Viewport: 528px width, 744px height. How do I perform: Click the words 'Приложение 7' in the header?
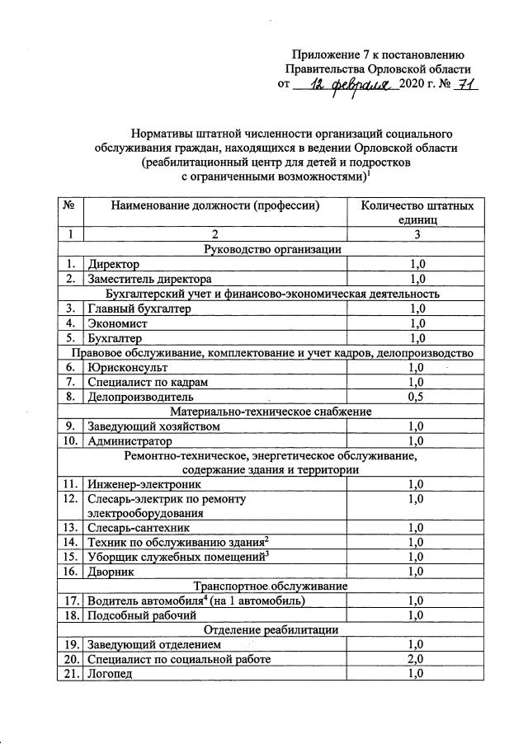pyautogui.click(x=324, y=54)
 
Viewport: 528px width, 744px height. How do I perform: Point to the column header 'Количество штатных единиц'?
pyautogui.click(x=417, y=213)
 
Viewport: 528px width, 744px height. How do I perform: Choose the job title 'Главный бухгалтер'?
pyautogui.click(x=139, y=308)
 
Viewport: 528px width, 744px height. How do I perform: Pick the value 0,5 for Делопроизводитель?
pyautogui.click(x=417, y=396)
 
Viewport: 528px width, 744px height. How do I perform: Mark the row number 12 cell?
pyautogui.click(x=69, y=499)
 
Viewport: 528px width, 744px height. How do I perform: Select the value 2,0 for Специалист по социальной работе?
pyautogui.click(x=417, y=659)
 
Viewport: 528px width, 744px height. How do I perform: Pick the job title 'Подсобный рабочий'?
pyautogui.click(x=142, y=615)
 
